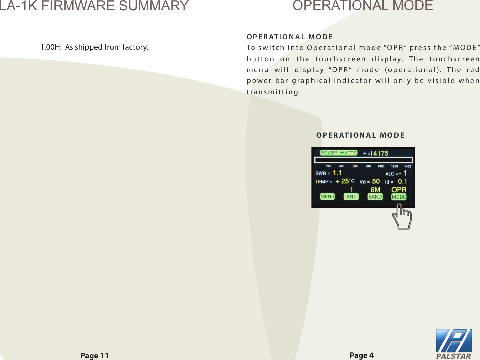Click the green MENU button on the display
(327, 197)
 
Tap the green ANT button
(351, 197)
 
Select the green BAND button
(375, 197)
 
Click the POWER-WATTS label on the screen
(338, 153)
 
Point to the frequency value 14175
(379, 153)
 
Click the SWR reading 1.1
(337, 173)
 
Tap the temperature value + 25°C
(345, 181)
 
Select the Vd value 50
(376, 181)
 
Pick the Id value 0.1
(402, 181)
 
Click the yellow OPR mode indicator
(399, 189)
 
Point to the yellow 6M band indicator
(375, 189)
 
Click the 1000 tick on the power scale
(381, 166)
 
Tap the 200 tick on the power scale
(329, 166)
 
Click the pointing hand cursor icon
(402, 217)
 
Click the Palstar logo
(454, 344)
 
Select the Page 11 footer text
(94, 356)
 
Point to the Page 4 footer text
(361, 355)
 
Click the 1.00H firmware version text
(51, 47)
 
